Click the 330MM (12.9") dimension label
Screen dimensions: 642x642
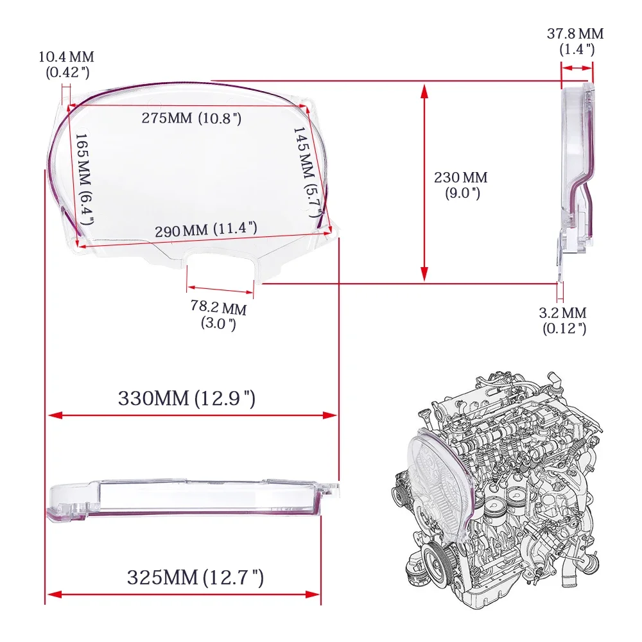187,398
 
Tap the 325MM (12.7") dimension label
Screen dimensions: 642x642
195,578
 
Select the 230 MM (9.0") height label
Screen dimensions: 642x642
460,184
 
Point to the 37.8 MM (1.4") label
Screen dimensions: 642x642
575,41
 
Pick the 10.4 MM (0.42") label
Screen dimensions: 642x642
67,64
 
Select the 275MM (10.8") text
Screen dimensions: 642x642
191,118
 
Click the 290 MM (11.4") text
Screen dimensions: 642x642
205,229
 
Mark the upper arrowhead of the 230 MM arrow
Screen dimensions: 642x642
424,90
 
